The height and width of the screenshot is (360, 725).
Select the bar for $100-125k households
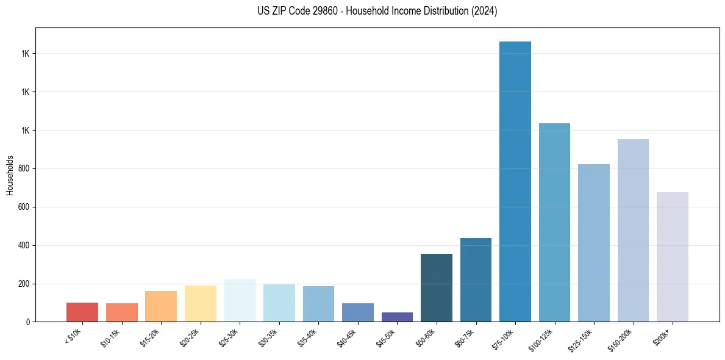tap(554, 222)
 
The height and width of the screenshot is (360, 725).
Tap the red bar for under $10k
tap(82, 312)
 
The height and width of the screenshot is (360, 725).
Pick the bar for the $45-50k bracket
tap(397, 317)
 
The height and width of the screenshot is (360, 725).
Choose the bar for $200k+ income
tap(673, 257)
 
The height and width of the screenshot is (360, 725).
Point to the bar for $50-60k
tap(437, 287)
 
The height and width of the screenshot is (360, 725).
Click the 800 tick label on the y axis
tap(24, 169)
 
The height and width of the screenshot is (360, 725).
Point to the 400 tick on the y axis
tap(24, 246)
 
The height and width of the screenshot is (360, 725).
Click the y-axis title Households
tap(10, 175)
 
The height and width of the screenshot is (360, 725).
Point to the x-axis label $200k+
tap(662, 337)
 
